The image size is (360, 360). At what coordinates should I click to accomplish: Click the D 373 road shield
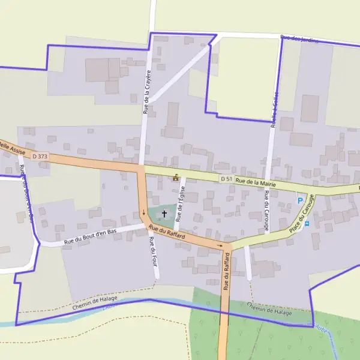click(x=40, y=156)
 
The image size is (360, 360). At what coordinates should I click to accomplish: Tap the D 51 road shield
click(x=226, y=179)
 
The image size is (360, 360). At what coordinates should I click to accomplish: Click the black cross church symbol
click(x=164, y=213)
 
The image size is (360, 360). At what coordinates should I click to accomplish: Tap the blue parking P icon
click(x=300, y=200)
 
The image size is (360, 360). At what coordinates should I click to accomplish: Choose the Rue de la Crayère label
click(x=146, y=91)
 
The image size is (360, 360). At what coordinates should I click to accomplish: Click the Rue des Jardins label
click(x=299, y=40)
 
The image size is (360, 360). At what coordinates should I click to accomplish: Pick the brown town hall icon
click(x=176, y=178)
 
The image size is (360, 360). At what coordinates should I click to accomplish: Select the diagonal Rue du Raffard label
click(x=167, y=233)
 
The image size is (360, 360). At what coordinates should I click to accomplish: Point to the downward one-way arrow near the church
click(x=143, y=213)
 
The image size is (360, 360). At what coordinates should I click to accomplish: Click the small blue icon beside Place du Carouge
click(x=307, y=224)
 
